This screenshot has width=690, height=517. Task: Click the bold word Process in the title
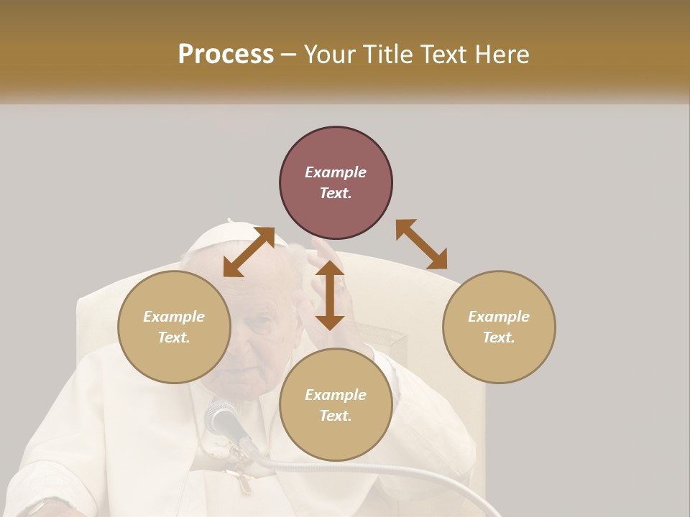[x=226, y=55]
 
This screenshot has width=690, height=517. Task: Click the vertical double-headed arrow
[x=330, y=295]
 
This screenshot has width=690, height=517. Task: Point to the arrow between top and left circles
[x=249, y=251]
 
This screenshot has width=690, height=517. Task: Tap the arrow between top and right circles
[x=421, y=244]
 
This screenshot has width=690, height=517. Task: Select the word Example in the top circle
[x=336, y=172]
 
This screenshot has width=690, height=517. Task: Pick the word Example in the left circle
[x=174, y=317]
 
